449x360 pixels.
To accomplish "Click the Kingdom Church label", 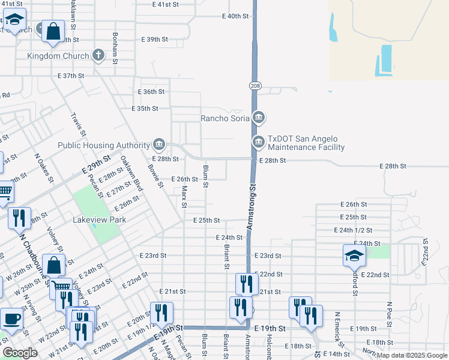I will tap(58, 56).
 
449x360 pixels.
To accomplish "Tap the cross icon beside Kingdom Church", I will tap(99, 56).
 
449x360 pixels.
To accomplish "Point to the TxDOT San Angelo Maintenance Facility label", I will tap(306, 143).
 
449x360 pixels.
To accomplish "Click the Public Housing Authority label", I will tap(103, 145).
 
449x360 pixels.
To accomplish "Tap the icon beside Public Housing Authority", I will tap(159, 144).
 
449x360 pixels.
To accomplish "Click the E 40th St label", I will tap(235, 16).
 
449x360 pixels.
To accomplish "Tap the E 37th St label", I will tap(71, 76).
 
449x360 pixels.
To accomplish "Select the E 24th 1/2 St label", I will tap(353, 230).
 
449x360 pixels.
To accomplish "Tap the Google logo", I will tap(20, 353).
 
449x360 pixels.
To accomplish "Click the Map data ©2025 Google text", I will tap(412, 355).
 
